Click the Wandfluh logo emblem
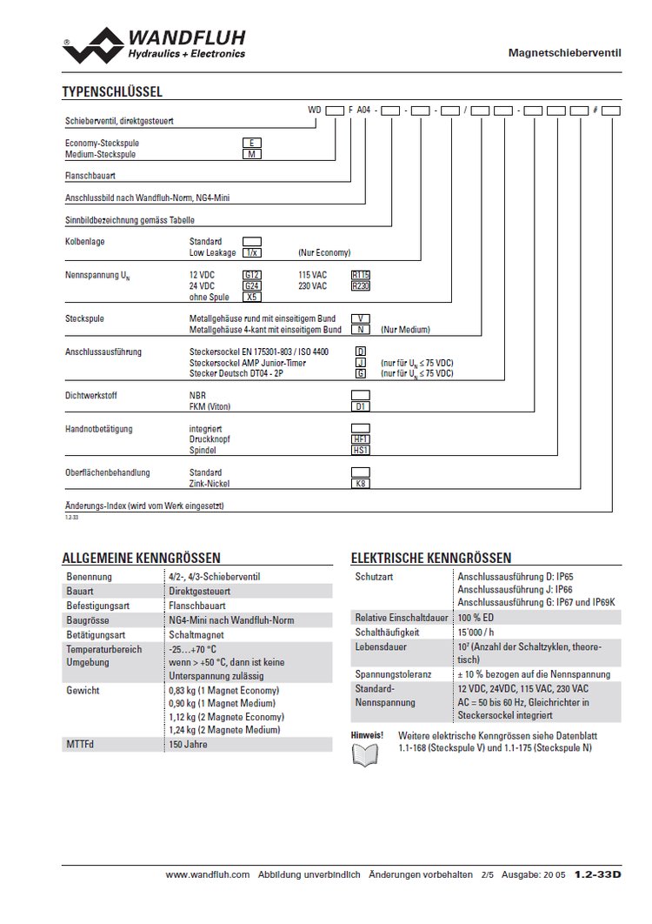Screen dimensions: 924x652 point(94,44)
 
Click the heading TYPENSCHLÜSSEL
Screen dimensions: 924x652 point(112,91)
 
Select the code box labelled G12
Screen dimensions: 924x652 point(251,275)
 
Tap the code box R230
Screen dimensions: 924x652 point(360,285)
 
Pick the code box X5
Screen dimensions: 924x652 point(251,297)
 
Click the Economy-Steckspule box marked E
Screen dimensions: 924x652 point(251,143)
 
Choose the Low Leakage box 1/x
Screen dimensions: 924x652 point(251,252)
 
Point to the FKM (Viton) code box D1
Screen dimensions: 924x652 point(360,406)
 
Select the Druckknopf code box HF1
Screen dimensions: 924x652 point(360,439)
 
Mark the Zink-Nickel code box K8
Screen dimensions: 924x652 point(360,483)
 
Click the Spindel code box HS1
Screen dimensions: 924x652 point(360,450)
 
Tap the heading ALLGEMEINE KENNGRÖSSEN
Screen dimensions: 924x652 point(141,558)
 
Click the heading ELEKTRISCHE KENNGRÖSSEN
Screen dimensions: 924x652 point(430,558)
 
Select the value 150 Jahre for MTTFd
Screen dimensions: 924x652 point(189,745)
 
